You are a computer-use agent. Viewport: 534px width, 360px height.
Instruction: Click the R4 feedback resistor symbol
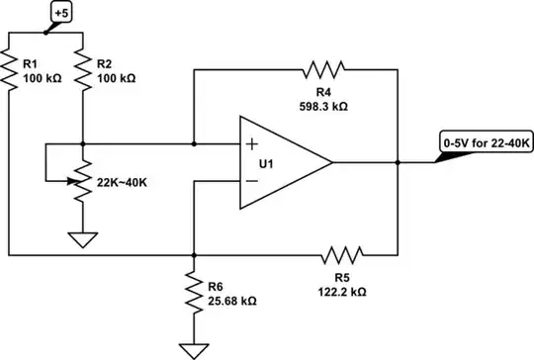click(x=325, y=69)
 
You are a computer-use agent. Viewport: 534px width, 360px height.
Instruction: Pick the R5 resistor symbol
click(x=343, y=254)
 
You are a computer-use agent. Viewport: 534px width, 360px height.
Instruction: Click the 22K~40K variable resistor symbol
click(x=82, y=181)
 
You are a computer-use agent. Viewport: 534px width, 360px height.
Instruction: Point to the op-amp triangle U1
click(x=282, y=162)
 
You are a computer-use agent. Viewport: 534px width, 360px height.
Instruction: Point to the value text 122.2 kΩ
click(x=344, y=293)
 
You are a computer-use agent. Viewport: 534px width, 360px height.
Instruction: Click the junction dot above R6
click(x=192, y=254)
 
